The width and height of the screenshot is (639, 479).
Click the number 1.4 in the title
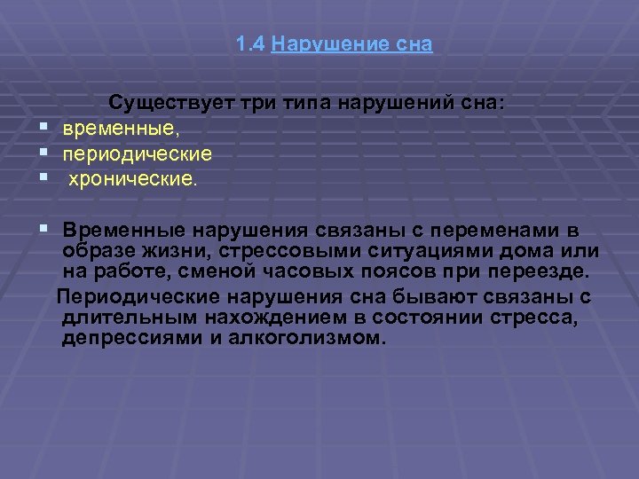(251, 44)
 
